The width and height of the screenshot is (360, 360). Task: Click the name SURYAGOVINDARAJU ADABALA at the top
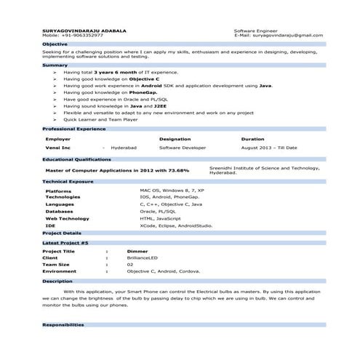(84, 31)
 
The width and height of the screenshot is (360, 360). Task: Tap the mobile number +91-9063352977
(82, 36)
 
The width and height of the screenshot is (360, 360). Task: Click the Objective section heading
(55, 44)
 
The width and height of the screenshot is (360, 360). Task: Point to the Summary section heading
(55, 65)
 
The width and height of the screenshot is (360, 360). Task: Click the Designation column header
(175, 138)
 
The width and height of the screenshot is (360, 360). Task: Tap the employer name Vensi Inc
(58, 148)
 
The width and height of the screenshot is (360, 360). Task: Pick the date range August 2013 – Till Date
(269, 148)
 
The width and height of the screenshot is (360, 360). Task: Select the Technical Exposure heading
(68, 180)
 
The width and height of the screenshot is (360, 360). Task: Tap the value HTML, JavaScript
(161, 218)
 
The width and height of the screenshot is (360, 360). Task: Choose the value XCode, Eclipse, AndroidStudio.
(176, 225)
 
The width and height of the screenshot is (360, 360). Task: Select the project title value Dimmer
(137, 251)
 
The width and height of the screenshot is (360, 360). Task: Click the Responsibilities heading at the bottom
(63, 324)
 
